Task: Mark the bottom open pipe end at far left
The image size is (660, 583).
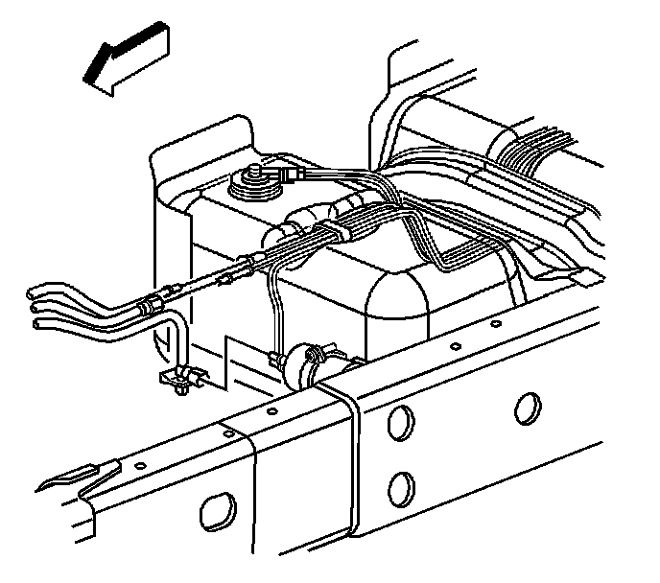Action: click(39, 323)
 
